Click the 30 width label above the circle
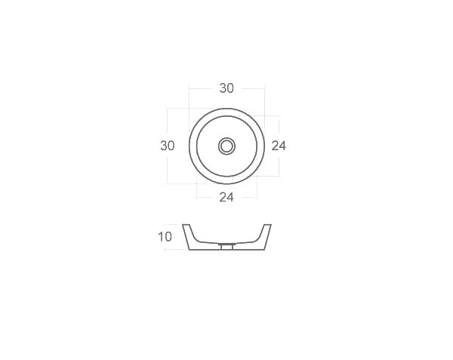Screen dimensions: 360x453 pyautogui.click(x=226, y=88)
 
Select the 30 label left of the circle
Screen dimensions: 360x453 pyautogui.click(x=168, y=145)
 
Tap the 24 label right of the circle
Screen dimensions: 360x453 pyautogui.click(x=279, y=146)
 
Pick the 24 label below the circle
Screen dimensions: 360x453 pyautogui.click(x=226, y=198)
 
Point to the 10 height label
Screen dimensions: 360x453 pyautogui.click(x=165, y=237)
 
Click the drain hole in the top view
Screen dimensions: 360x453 pyautogui.click(x=226, y=146)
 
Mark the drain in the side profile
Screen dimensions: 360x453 pyautogui.click(x=226, y=246)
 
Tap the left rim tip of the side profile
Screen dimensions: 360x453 pyautogui.click(x=185, y=224)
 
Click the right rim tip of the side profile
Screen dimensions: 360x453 pyautogui.click(x=268, y=224)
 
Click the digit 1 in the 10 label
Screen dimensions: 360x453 pyautogui.click(x=161, y=237)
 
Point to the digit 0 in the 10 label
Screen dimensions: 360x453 pyautogui.click(x=169, y=237)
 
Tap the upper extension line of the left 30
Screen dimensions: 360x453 pyautogui.click(x=177, y=108)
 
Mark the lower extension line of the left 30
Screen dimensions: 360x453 pyautogui.click(x=177, y=183)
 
